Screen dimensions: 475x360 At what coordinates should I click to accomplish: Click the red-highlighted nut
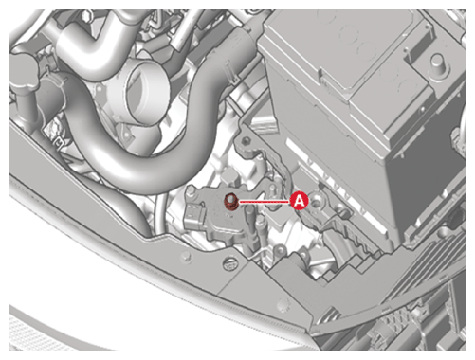pos(230,202)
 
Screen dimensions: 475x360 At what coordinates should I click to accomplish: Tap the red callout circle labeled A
pos(300,201)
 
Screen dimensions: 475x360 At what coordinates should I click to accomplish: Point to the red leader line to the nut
pos(265,201)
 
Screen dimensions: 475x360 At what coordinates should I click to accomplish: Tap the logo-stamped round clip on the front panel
pos(230,263)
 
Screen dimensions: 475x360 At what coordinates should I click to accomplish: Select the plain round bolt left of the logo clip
pos(187,256)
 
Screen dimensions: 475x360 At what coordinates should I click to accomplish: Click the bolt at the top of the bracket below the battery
pos(247,139)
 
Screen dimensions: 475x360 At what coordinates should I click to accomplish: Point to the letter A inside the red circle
pos(300,201)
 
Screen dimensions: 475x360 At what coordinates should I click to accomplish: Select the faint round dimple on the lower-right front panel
pos(283,305)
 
